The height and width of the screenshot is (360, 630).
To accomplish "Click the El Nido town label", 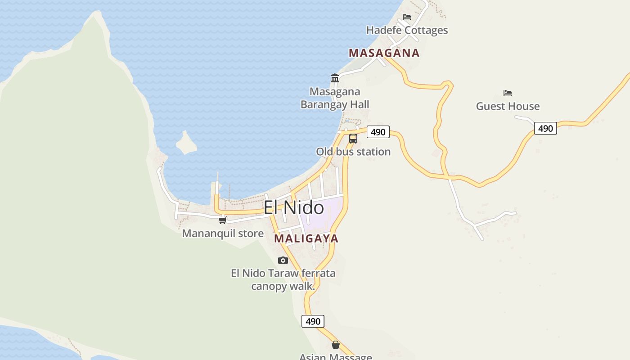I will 293,208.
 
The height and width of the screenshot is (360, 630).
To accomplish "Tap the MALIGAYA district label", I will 306,238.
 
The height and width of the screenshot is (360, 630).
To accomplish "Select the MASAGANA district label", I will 384,53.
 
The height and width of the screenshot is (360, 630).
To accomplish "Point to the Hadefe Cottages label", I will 407,30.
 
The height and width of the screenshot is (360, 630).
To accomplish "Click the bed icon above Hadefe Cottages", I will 407,17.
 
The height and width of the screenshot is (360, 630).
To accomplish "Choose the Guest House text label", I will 508,106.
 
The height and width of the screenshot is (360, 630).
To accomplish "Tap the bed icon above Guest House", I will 508,93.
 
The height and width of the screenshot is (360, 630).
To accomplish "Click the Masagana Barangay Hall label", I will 335,98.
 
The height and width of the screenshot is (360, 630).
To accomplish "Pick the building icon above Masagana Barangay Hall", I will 335,78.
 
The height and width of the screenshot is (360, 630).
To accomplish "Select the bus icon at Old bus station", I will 353,138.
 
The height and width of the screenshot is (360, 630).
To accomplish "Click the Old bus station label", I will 353,152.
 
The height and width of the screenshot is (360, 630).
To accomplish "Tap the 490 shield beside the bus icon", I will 378,132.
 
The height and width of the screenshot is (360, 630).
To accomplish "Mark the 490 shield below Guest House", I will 545,128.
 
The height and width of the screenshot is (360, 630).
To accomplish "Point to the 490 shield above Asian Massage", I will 313,321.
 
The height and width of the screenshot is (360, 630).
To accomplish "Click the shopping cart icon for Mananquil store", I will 222,220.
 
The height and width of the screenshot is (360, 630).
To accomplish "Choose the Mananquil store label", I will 223,234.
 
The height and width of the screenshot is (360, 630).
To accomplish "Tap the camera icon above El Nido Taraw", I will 283,260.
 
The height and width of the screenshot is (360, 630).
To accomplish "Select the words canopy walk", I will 283,286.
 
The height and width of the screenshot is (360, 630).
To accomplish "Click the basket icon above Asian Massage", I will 336,345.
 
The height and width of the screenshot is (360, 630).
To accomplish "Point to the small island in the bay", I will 186,143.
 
